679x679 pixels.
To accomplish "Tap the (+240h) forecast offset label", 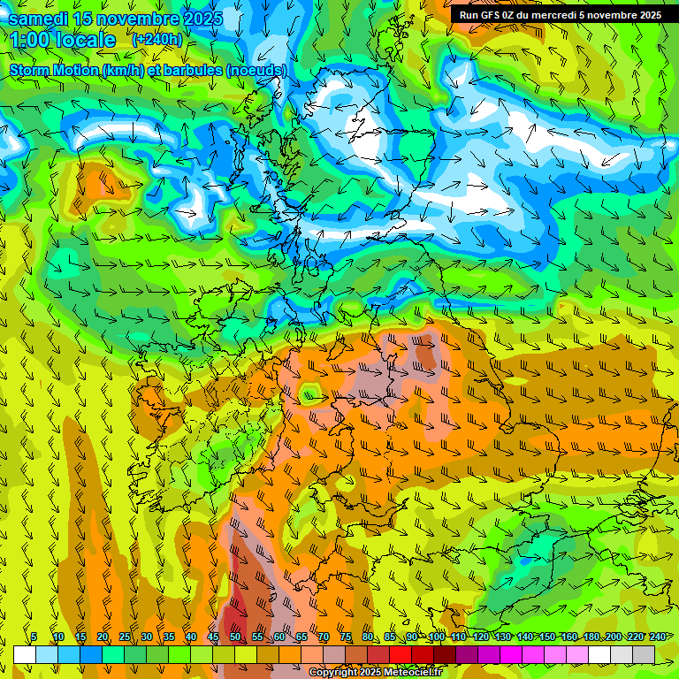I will click(156, 40).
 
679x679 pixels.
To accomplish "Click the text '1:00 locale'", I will click(64, 40).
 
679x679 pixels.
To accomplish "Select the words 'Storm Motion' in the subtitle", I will click(52, 70).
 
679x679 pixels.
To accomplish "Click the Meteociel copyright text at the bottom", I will click(375, 673).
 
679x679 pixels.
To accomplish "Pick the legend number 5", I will click(34, 637).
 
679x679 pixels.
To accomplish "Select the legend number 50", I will click(234, 637).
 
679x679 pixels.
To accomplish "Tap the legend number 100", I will click(436, 637).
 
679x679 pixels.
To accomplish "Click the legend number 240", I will click(658, 637).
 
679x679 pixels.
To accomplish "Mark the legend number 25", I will click(124, 637).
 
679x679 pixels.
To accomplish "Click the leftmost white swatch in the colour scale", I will click(25, 654).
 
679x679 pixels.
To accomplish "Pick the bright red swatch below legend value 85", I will click(401, 654).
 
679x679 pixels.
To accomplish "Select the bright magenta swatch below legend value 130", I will click(511, 654).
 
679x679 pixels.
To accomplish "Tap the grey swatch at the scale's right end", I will click(644, 654).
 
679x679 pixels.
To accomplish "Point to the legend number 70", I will click(324, 637).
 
